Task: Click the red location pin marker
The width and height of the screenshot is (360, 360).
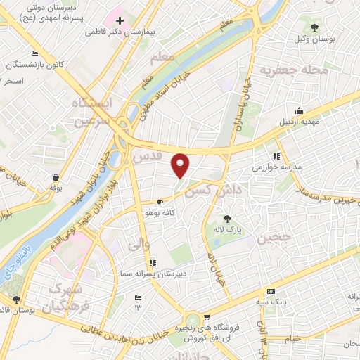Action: (x=181, y=165)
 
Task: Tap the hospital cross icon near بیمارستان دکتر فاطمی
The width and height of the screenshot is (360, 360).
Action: (x=120, y=21)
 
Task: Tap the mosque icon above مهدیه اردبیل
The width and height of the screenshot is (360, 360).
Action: (x=300, y=110)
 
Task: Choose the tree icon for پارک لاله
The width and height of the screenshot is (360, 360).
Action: (x=226, y=219)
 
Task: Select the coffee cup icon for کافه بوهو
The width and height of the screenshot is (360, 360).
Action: (x=159, y=200)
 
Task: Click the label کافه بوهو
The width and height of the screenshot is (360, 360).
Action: (x=159, y=212)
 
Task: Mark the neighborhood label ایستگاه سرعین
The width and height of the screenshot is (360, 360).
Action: (x=91, y=112)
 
